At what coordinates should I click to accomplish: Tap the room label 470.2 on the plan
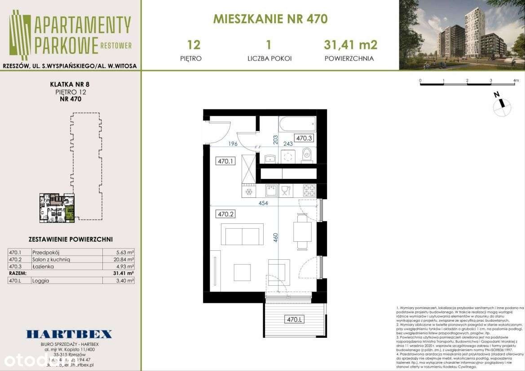click(226, 214)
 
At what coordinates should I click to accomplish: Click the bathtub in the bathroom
click(297, 123)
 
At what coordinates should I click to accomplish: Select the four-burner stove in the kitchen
click(309, 191)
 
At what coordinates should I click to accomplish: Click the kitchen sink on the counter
click(271, 191)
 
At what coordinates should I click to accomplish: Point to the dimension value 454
click(263, 203)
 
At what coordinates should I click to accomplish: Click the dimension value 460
click(276, 238)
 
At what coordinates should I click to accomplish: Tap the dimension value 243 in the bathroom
click(288, 144)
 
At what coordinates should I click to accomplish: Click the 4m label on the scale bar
click(516, 81)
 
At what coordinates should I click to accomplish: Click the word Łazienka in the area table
click(43, 266)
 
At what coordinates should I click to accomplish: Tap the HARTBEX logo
click(69, 334)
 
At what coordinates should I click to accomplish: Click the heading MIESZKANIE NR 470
click(270, 19)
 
